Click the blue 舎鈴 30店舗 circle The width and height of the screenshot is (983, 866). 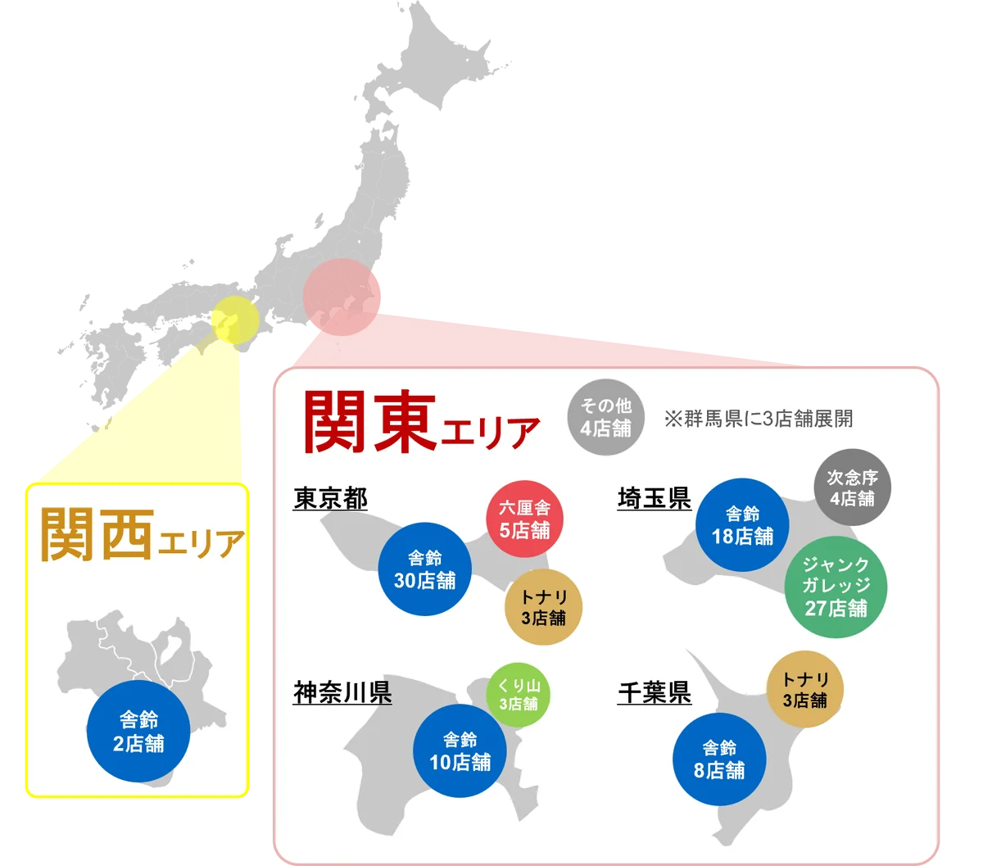424,569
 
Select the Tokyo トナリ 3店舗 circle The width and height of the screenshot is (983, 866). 543,606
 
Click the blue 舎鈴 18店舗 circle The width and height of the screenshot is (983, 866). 742,525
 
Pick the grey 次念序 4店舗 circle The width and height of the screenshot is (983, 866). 852,487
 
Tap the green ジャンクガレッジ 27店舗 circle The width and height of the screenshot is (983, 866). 836,586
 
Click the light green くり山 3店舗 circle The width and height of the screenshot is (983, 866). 519,695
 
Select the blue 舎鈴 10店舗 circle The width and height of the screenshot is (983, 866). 460,750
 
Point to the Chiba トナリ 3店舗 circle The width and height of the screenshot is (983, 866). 805,689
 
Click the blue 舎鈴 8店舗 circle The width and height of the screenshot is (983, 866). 718,759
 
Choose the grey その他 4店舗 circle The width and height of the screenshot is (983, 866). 605,417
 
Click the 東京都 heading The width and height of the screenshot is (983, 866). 330,499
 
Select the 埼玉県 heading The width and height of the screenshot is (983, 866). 654,499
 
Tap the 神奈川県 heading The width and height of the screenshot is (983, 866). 342,693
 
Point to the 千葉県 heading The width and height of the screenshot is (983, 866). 654,693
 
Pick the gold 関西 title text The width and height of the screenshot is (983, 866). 95,534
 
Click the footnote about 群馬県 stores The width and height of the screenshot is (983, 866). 759,418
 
